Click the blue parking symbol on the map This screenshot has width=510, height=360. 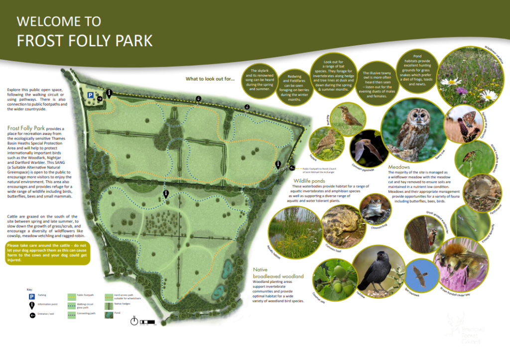click(x=90, y=95)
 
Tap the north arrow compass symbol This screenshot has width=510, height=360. click(x=133, y=321)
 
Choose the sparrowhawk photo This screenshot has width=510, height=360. click(x=418, y=277)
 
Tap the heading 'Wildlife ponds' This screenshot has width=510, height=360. click(x=310, y=180)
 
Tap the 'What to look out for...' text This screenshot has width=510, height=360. click(x=210, y=79)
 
